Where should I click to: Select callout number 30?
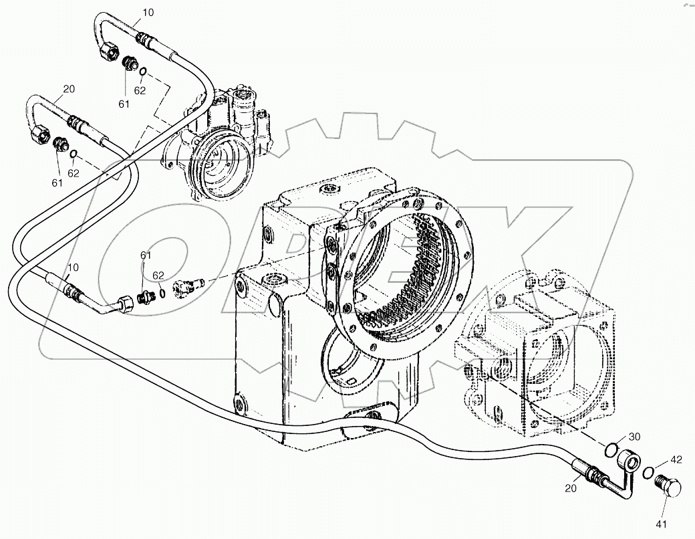[634, 436]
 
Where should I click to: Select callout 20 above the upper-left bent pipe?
[68, 88]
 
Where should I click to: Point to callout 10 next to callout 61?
[74, 267]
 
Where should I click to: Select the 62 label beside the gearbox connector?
[158, 275]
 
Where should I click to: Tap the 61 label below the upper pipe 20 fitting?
[57, 182]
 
